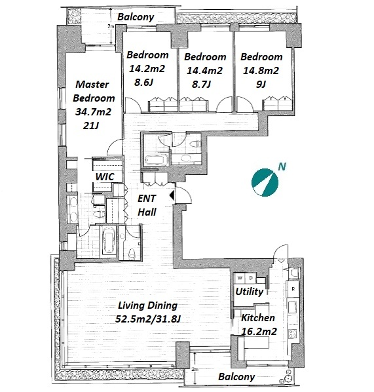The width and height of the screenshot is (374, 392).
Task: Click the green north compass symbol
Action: pyautogui.click(x=265, y=182)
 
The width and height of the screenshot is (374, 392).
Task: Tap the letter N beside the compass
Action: pyautogui.click(x=282, y=167)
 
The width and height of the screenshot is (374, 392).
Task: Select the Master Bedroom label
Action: pyautogui.click(x=94, y=91)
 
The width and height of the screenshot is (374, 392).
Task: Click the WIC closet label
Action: pyautogui.click(x=105, y=177)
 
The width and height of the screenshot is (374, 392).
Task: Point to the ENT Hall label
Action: pyautogui.click(x=147, y=205)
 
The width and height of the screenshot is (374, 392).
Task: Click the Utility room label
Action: pyautogui.click(x=250, y=292)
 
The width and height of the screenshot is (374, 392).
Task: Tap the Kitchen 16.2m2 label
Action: pyautogui.click(x=259, y=324)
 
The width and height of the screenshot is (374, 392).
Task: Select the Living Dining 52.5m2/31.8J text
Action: pyautogui.click(x=147, y=312)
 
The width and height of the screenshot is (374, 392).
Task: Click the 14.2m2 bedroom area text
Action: pyautogui.click(x=147, y=69)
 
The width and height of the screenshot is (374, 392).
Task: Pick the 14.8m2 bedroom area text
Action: pyautogui.click(x=261, y=71)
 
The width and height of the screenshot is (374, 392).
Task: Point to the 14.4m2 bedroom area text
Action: pyautogui.click(x=204, y=71)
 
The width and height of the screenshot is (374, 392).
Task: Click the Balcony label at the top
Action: pyautogui.click(x=136, y=17)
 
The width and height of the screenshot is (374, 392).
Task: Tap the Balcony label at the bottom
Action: pyautogui.click(x=236, y=377)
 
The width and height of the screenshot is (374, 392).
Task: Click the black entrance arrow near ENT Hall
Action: pyautogui.click(x=172, y=195)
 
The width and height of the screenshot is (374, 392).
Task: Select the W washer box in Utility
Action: pyautogui.click(x=240, y=278)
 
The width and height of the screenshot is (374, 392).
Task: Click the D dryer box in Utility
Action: pyautogui.click(x=251, y=278)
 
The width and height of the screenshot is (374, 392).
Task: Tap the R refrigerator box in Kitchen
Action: pyautogui.click(x=293, y=289)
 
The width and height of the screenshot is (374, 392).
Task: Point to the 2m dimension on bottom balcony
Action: pyautogui.click(x=195, y=369)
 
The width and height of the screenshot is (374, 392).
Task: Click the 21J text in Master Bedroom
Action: pyautogui.click(x=91, y=126)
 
